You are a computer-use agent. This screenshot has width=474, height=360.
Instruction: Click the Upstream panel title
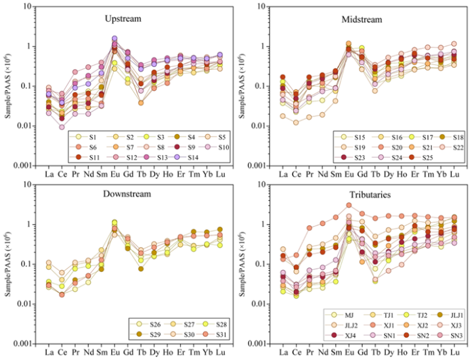(123, 18)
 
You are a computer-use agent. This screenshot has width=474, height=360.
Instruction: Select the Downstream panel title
(123, 196)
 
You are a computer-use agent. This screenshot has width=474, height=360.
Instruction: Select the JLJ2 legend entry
(351, 325)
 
